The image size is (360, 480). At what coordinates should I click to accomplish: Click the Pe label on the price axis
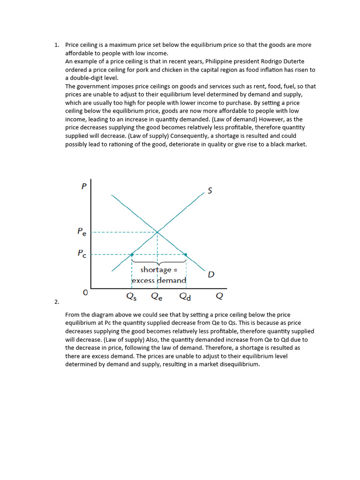click(x=82, y=232)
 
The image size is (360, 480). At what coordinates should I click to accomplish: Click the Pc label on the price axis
click(x=82, y=254)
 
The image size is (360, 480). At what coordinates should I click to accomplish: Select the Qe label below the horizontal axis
click(x=157, y=296)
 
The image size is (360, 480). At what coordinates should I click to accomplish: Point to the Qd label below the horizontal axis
click(x=186, y=296)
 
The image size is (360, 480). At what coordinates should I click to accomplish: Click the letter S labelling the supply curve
click(x=210, y=190)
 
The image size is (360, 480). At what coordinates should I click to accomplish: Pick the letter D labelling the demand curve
click(x=211, y=274)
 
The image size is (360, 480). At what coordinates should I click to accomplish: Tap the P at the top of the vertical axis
click(x=84, y=187)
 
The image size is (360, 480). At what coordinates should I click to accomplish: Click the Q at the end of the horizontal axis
click(x=219, y=296)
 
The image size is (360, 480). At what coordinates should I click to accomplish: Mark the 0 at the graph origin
click(x=85, y=292)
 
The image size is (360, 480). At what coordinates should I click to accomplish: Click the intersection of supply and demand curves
click(x=157, y=232)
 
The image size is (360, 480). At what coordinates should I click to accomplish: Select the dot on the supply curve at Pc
click(x=132, y=255)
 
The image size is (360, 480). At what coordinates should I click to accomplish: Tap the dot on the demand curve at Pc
click(x=186, y=255)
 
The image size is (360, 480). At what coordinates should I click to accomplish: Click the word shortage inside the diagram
click(x=156, y=270)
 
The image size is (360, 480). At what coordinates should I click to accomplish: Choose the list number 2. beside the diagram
click(x=57, y=302)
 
